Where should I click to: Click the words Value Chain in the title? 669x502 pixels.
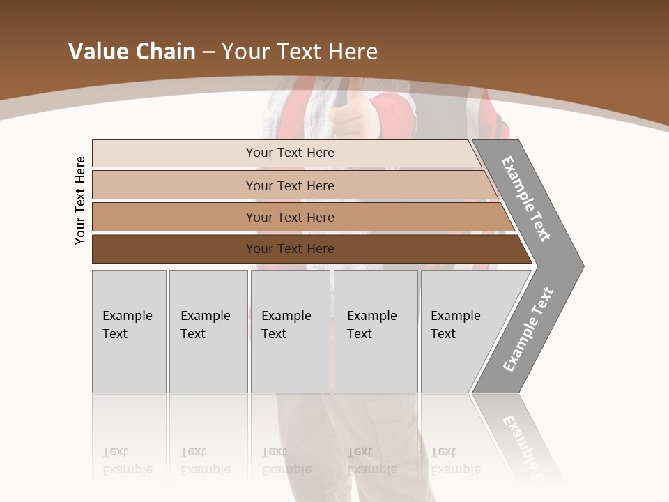pyautogui.click(x=132, y=52)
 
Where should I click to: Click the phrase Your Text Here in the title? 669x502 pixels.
pyautogui.click(x=300, y=52)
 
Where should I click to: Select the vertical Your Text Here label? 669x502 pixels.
pyautogui.click(x=80, y=200)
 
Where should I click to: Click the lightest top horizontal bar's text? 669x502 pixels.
pyautogui.click(x=290, y=153)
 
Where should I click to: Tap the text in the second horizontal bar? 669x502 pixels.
pyautogui.click(x=290, y=186)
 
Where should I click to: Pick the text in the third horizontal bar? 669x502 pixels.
pyautogui.click(x=290, y=218)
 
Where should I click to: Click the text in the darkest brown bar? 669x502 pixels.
pyautogui.click(x=290, y=249)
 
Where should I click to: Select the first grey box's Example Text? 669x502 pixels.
pyautogui.click(x=127, y=325)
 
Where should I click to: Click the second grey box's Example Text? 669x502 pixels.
pyautogui.click(x=205, y=325)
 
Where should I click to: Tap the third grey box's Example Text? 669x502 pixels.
pyautogui.click(x=286, y=325)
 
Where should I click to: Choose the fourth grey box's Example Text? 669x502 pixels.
pyautogui.click(x=371, y=325)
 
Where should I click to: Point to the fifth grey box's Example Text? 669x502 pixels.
pyautogui.click(x=455, y=325)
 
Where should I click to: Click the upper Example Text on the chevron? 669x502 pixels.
pyautogui.click(x=526, y=199)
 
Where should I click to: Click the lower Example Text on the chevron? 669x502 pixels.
pyautogui.click(x=528, y=330)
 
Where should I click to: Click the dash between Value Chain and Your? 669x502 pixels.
pyautogui.click(x=208, y=52)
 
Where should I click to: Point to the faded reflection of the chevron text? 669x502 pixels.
pyautogui.click(x=526, y=443)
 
